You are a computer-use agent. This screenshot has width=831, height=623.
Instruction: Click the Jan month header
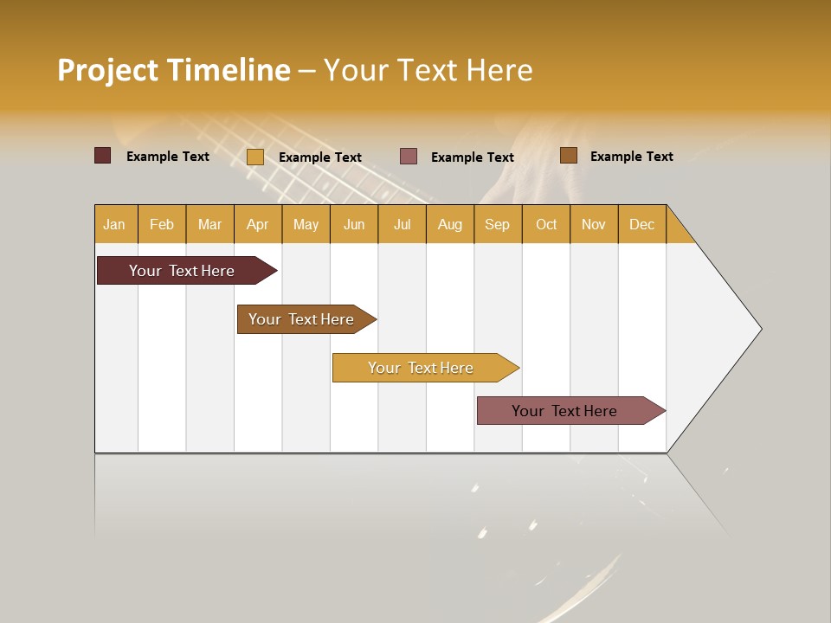click(x=115, y=224)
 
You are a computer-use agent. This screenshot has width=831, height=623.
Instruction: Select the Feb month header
click(x=162, y=224)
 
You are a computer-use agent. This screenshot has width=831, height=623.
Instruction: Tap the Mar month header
click(x=209, y=224)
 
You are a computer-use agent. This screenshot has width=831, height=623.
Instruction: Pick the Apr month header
click(x=258, y=224)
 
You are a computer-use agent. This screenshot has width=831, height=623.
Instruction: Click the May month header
click(x=306, y=224)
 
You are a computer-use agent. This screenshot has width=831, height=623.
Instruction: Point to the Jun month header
click(x=354, y=224)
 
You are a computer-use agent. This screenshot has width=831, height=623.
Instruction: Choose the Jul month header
click(x=402, y=224)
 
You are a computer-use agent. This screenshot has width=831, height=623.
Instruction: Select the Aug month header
click(x=450, y=224)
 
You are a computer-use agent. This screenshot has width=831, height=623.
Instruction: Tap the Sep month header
click(x=498, y=224)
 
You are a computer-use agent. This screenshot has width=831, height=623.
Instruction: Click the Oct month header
click(x=546, y=224)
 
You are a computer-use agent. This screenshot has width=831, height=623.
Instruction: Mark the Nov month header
click(x=594, y=224)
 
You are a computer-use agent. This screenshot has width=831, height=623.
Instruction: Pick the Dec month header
click(x=642, y=224)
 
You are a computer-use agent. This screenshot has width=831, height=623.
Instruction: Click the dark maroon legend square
click(x=103, y=156)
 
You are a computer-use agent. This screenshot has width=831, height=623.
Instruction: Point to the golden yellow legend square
click(x=255, y=157)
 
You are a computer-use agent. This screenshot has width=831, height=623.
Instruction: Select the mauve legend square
click(x=409, y=156)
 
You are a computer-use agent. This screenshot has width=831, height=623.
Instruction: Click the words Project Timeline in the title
click(x=174, y=70)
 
